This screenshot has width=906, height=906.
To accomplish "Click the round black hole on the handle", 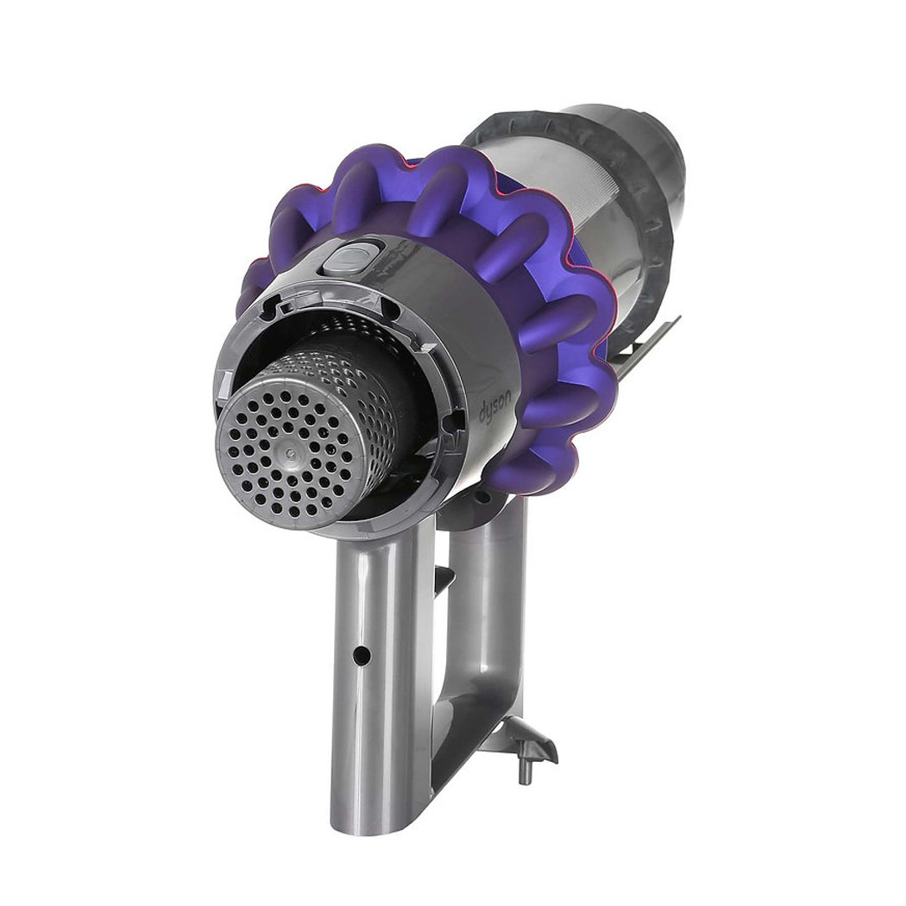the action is pyautogui.click(x=362, y=655).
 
